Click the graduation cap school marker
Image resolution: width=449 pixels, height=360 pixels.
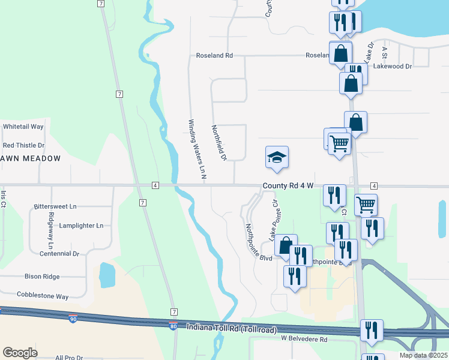(x=277, y=158)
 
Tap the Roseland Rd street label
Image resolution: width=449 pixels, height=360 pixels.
(x=214, y=56)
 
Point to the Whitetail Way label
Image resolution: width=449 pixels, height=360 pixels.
(x=23, y=127)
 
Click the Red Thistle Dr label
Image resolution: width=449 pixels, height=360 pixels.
(x=24, y=145)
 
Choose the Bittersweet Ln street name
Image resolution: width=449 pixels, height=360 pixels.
(x=55, y=206)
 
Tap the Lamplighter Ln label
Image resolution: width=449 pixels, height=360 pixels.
(x=81, y=226)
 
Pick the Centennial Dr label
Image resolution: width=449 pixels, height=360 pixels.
(x=59, y=254)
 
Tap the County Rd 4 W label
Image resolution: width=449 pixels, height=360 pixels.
(x=288, y=186)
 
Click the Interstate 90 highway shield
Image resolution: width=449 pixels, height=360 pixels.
(x=73, y=320)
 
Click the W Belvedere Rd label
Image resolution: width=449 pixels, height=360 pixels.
(x=304, y=340)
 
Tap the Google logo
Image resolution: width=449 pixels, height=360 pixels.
(x=20, y=353)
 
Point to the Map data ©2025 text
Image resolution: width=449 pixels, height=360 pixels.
(x=423, y=355)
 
